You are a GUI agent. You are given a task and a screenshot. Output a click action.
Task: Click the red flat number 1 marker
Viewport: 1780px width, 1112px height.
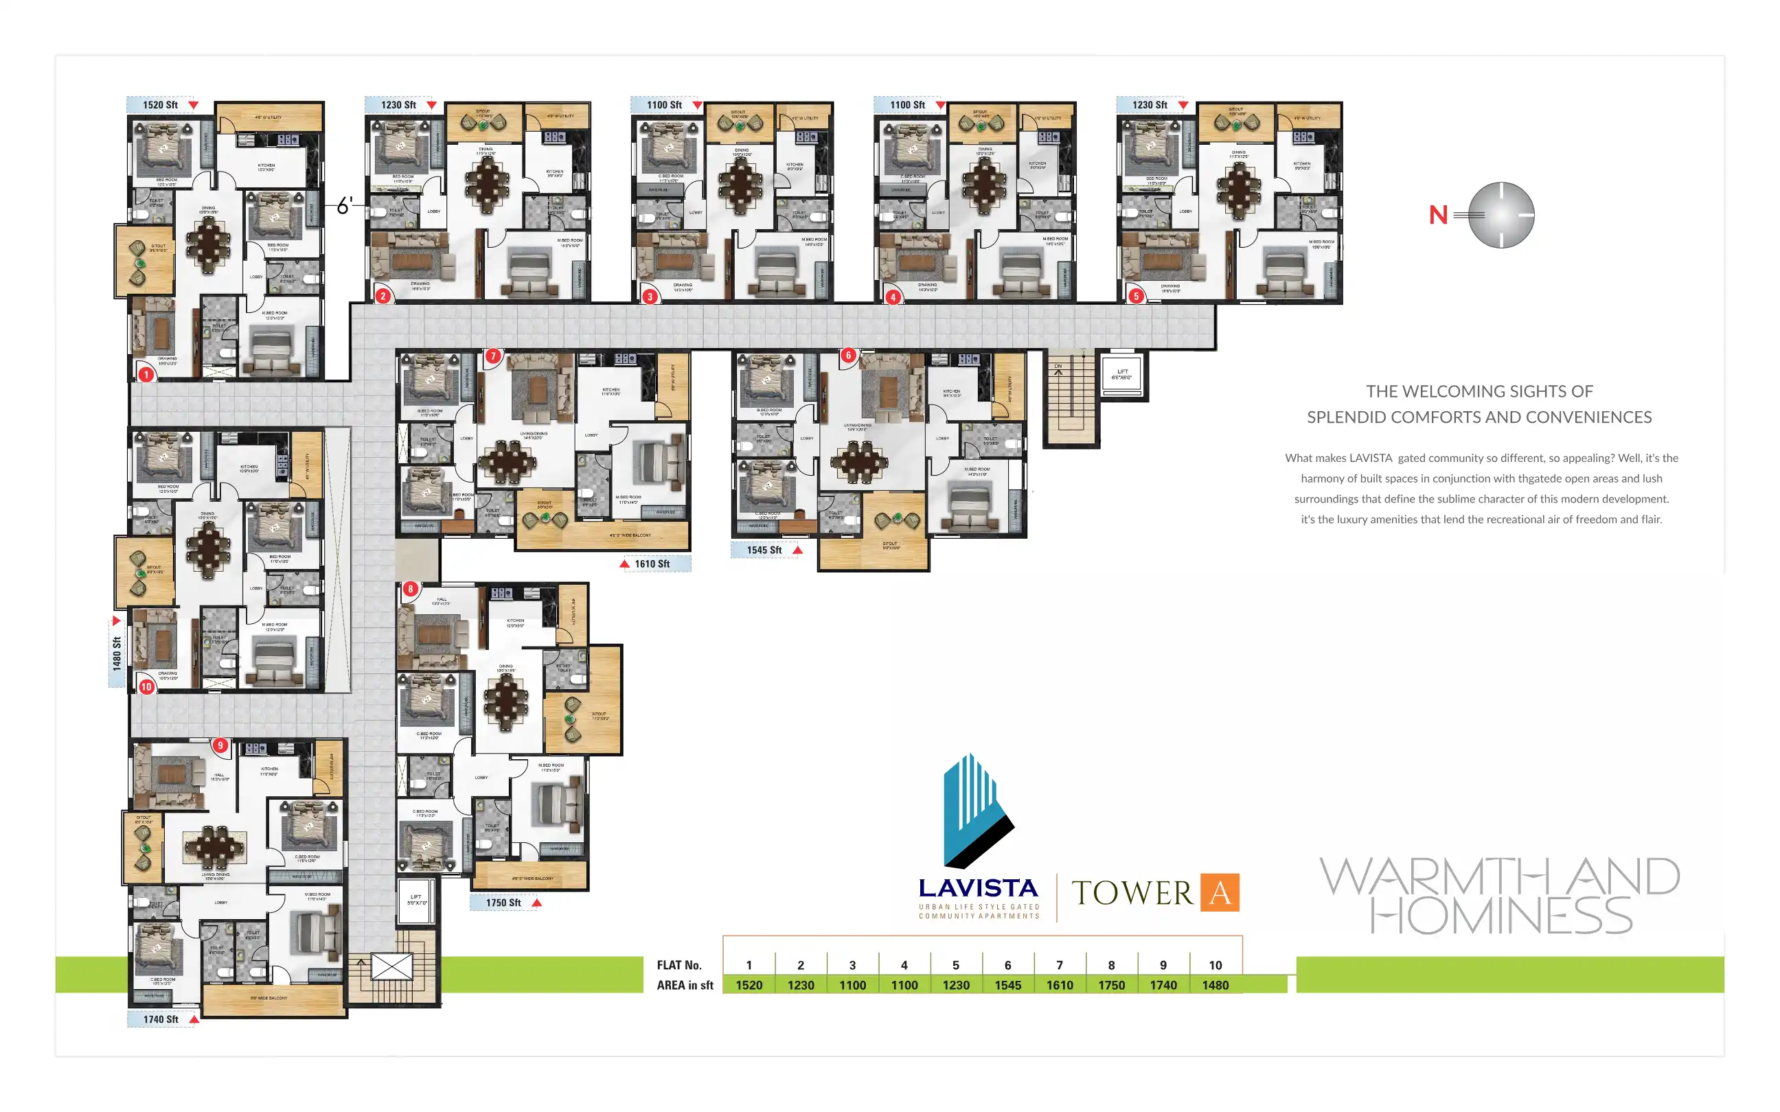146,374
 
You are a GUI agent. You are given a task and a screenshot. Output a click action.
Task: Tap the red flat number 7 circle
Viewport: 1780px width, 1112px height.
493,356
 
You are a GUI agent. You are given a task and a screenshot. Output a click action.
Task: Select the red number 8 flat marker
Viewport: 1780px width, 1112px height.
411,588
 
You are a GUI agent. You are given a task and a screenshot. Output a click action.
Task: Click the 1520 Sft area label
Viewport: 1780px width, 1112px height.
160,104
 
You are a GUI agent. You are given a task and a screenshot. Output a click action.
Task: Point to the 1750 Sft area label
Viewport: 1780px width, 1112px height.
503,903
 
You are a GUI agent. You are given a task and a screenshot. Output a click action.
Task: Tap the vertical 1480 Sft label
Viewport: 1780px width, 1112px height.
116,653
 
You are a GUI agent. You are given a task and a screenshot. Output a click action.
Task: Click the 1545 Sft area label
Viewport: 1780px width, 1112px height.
764,549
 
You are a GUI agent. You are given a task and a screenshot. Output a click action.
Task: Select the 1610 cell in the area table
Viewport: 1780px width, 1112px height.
1059,985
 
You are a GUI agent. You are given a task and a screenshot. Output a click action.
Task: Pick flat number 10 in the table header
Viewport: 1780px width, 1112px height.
1215,965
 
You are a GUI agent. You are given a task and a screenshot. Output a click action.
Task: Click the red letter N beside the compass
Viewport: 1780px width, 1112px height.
1438,215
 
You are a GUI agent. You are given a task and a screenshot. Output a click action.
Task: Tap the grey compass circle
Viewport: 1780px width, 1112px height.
1501,215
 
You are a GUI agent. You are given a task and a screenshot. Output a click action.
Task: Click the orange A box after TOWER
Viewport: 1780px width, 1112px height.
1220,892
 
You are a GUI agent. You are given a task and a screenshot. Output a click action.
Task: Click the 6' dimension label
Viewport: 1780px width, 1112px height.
344,205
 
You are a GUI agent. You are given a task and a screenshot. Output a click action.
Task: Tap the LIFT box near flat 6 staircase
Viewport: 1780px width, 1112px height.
1121,374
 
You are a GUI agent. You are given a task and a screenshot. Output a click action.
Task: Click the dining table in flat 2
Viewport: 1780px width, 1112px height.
486,185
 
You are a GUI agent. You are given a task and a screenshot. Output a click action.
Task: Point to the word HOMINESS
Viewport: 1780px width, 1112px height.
1501,916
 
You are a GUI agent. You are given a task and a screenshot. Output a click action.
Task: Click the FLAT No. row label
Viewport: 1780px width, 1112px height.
679,965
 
